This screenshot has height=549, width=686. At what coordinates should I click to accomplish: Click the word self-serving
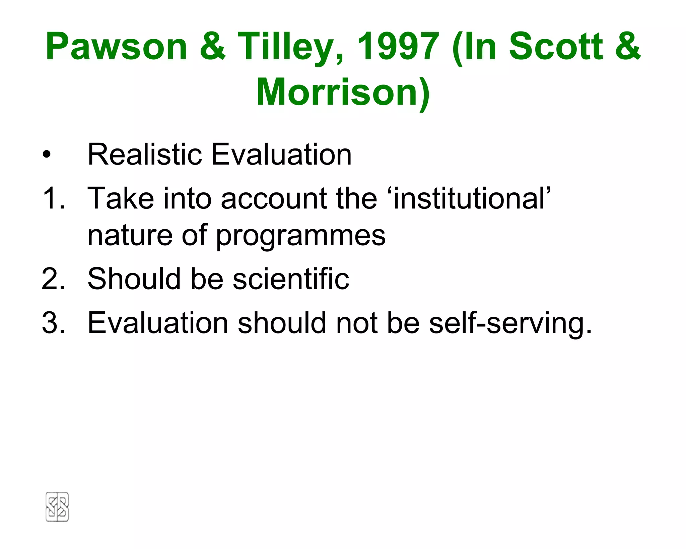(x=510, y=323)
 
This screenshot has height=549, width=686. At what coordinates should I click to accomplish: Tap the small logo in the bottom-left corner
(x=57, y=507)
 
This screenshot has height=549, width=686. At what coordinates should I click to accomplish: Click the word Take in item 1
(x=121, y=198)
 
